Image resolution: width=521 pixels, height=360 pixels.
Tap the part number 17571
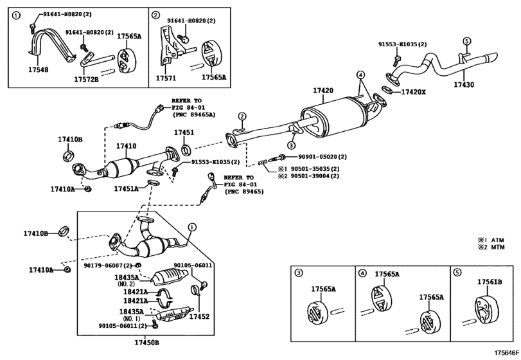pos(164,76)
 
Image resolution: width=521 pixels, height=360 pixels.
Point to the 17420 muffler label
pos(322,91)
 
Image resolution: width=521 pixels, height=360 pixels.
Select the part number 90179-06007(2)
pos(107,265)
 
